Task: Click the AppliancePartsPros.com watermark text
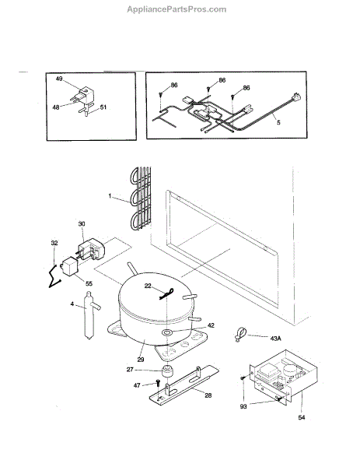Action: (177, 9)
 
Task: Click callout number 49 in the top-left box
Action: (59, 79)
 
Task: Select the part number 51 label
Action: (103, 107)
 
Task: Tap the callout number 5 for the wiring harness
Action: (278, 122)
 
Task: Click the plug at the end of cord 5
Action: (297, 97)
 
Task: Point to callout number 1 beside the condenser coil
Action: (110, 196)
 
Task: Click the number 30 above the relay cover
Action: (82, 223)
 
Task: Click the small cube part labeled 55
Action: (69, 265)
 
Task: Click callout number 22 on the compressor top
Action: (148, 286)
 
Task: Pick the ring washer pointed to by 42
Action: (167, 332)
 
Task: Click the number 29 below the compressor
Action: (141, 360)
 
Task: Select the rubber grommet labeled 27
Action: (167, 370)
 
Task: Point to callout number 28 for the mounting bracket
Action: (208, 395)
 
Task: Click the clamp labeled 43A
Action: (240, 335)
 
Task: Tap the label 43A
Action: (275, 339)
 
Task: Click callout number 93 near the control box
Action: (243, 406)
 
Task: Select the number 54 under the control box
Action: (302, 417)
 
